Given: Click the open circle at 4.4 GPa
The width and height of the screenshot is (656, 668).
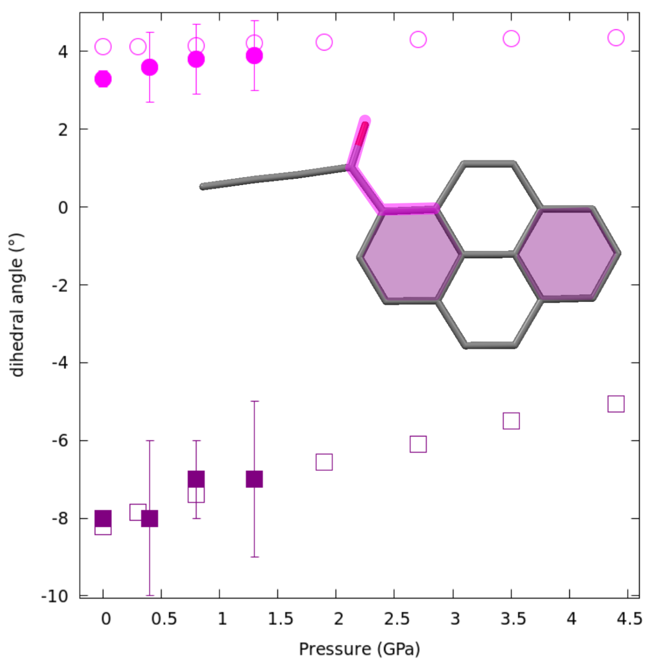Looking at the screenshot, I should click(616, 38).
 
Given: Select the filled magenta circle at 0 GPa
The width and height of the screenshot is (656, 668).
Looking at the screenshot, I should click(103, 79).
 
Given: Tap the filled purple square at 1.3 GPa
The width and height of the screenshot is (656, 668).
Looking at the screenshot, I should click(254, 479).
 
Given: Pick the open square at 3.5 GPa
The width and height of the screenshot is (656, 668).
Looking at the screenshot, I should click(511, 421).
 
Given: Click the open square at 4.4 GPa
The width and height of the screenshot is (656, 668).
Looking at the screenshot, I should click(616, 404).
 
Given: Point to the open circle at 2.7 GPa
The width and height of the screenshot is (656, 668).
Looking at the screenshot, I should click(418, 39).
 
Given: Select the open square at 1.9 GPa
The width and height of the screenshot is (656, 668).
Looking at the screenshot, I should click(324, 462).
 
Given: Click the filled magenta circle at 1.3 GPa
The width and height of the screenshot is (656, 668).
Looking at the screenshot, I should click(254, 56).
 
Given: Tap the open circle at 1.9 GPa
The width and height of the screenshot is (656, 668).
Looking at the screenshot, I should click(324, 42).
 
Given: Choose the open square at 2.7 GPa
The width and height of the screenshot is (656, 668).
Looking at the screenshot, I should click(418, 444).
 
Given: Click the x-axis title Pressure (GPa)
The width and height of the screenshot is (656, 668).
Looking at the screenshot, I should click(359, 649).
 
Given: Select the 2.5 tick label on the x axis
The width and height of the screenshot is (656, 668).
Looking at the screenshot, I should click(397, 619).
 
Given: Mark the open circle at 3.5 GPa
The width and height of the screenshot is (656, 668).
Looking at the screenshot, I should click(511, 39).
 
